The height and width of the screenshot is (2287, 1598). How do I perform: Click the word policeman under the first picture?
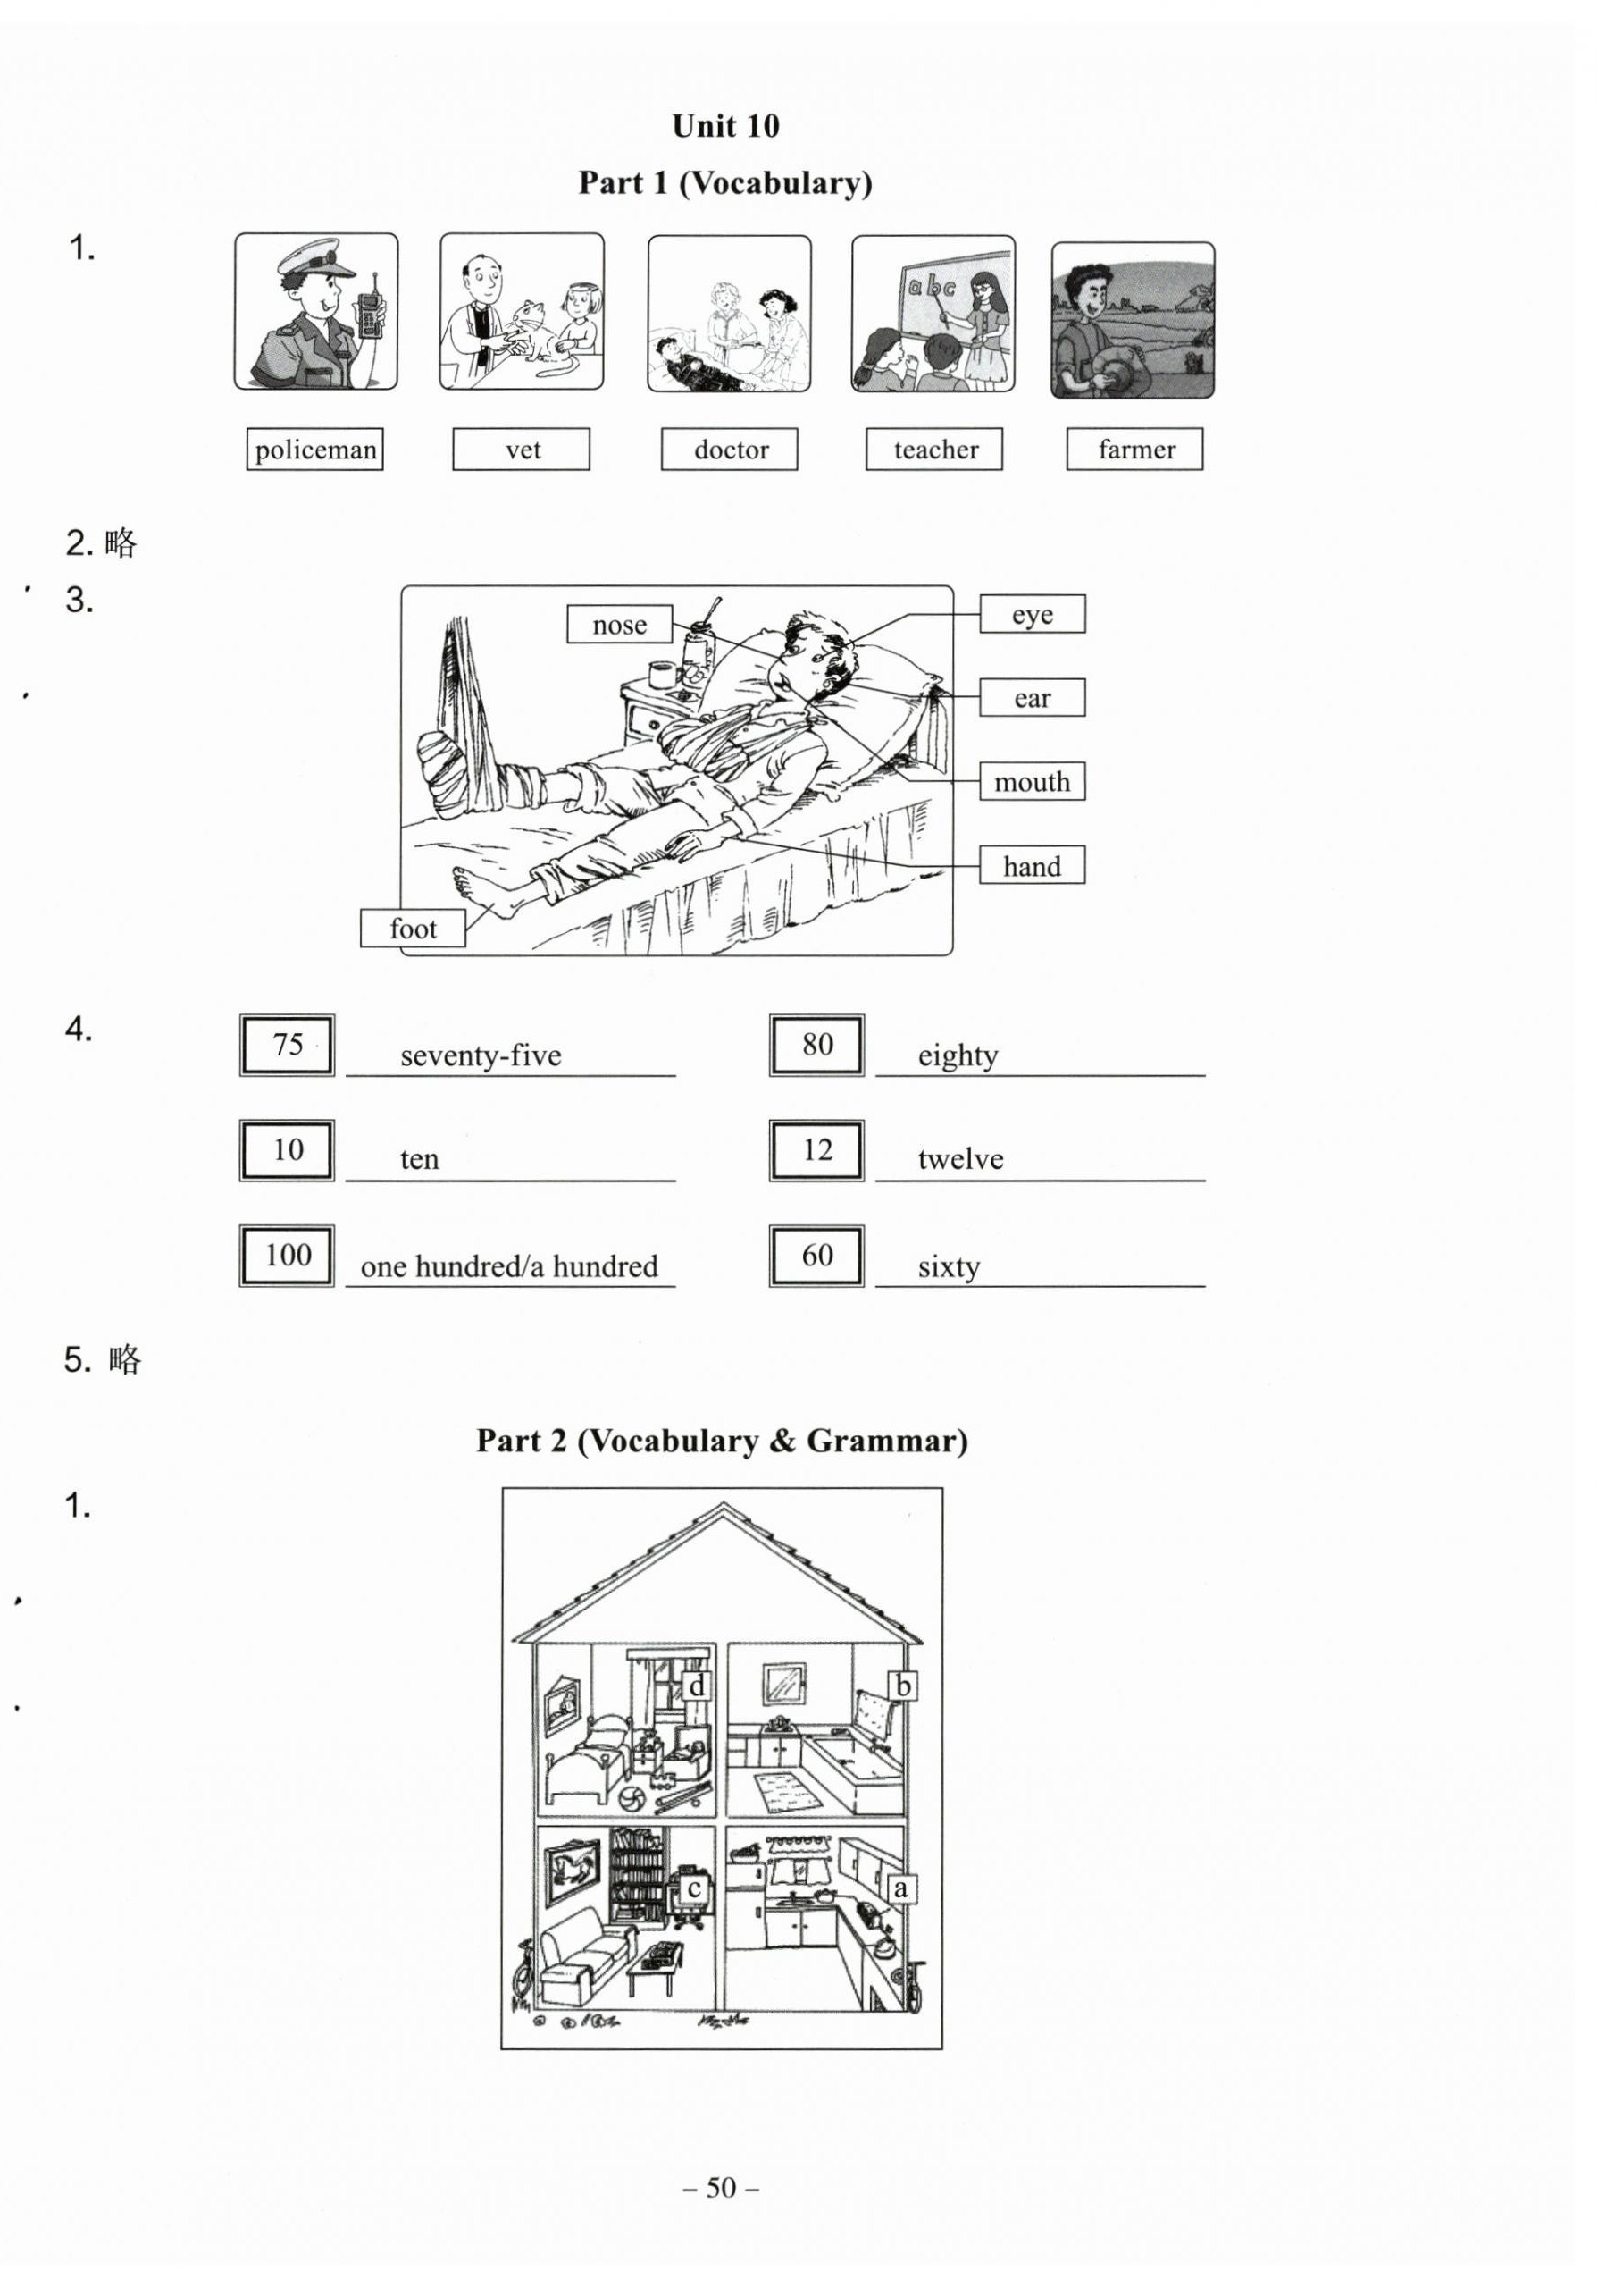tap(315, 450)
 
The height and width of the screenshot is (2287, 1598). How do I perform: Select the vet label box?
tap(521, 450)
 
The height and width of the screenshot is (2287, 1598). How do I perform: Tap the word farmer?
tap(1136, 450)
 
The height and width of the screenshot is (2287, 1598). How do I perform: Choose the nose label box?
tap(619, 625)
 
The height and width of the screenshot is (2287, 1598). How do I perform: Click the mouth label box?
tap(1032, 782)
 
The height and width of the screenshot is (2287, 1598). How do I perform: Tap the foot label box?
tap(412, 929)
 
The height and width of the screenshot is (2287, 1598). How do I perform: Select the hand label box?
tap(1032, 866)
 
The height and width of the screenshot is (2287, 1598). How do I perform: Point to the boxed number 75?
tap(287, 1045)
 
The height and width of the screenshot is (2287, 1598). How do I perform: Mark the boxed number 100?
tap(287, 1256)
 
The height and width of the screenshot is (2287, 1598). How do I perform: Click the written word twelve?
tap(960, 1158)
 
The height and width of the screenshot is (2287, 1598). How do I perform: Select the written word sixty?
tap(949, 1267)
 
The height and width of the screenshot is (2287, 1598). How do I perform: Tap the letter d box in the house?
tap(697, 1686)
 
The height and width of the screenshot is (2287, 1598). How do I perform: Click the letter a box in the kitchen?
tap(901, 1888)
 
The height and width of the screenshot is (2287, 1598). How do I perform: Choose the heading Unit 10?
tap(724, 125)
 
